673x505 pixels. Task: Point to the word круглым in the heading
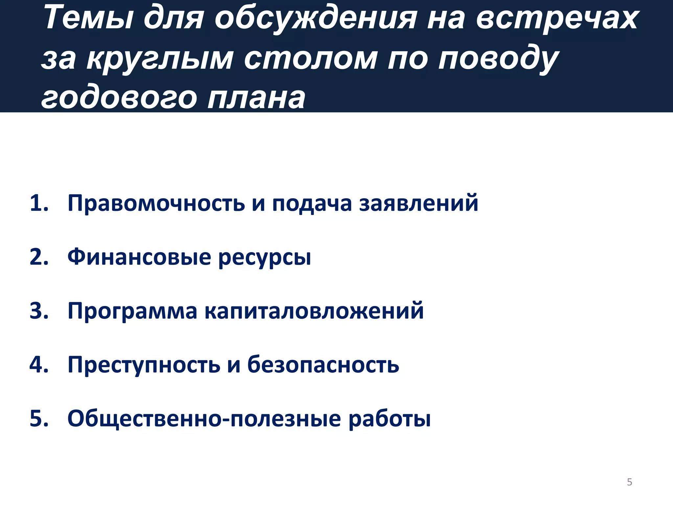point(160,59)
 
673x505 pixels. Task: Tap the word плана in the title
point(256,98)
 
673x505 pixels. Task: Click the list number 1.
point(39,203)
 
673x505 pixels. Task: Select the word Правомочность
point(156,203)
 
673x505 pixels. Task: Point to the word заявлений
point(419,203)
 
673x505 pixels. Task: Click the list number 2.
point(39,257)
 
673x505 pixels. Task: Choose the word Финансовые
point(139,257)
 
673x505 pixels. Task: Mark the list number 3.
point(39,311)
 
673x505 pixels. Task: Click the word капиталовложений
point(314,311)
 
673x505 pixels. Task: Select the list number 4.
point(39,365)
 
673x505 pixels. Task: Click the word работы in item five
point(389,419)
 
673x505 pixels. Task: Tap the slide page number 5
point(629,482)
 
